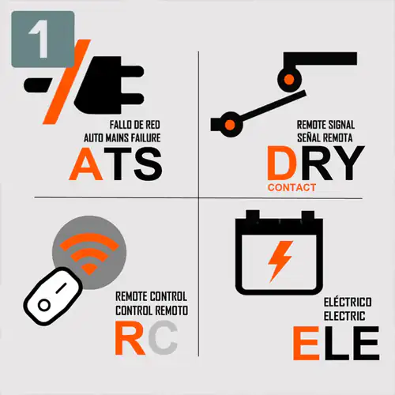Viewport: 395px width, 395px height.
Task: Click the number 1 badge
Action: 43,39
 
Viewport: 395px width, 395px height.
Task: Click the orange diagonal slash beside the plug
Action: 67,82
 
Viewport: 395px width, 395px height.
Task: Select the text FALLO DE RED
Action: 135,125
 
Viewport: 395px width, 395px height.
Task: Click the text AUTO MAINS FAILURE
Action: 122,138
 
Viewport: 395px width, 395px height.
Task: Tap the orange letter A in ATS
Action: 86,164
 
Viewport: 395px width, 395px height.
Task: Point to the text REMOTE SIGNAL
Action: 325,125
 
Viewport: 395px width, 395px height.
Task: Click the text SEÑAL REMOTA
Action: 325,137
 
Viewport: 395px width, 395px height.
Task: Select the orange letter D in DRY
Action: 282,163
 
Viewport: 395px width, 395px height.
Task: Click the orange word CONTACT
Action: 292,188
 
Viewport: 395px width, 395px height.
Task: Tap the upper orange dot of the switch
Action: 289,80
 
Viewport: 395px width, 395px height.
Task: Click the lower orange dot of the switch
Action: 230,124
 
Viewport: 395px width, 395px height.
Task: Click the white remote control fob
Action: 54,296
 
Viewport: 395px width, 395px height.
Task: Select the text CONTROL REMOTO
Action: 152,310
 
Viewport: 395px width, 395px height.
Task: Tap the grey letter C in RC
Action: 163,338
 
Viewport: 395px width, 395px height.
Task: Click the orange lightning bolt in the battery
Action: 280,261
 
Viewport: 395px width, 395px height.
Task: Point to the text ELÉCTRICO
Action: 348,302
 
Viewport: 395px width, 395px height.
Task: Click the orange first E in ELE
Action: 306,343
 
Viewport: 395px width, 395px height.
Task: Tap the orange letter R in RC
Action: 130,338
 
